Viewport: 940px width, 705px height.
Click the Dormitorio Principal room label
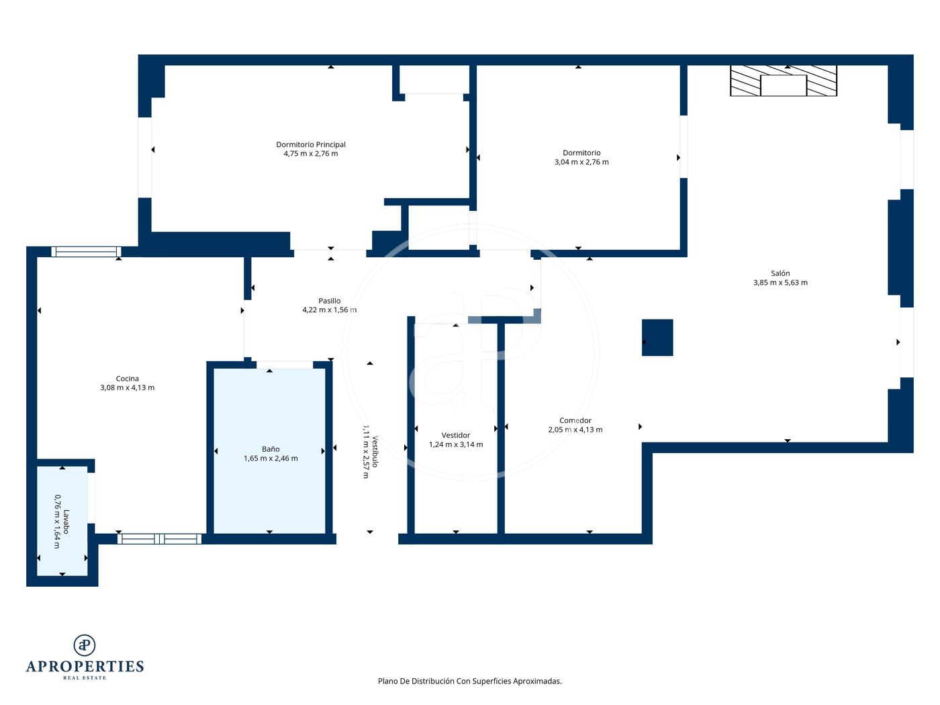pos(310,144)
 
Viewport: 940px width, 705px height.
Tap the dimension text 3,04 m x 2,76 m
pos(581,162)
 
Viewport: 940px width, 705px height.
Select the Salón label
pos(780,273)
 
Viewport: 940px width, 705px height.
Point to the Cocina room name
pos(127,379)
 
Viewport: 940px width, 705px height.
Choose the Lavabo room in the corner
pos(62,521)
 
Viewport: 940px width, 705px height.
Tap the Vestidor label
pos(456,435)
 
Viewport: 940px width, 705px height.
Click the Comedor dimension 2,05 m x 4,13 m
pos(575,429)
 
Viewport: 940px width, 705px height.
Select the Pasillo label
pos(329,301)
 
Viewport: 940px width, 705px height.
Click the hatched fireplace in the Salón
pos(784,81)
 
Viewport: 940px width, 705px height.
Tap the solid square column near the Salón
pos(657,337)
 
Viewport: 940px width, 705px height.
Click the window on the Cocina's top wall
pos(86,252)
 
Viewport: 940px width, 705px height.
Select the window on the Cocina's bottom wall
pos(159,538)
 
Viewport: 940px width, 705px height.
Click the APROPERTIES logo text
pos(85,666)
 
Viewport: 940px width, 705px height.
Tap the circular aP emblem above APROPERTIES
pos(85,645)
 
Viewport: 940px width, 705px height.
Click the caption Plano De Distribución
pos(416,681)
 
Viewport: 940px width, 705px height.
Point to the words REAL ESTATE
pos(85,677)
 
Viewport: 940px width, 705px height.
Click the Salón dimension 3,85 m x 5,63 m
pos(780,283)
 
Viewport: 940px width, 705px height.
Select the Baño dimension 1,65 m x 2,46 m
pos(271,458)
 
